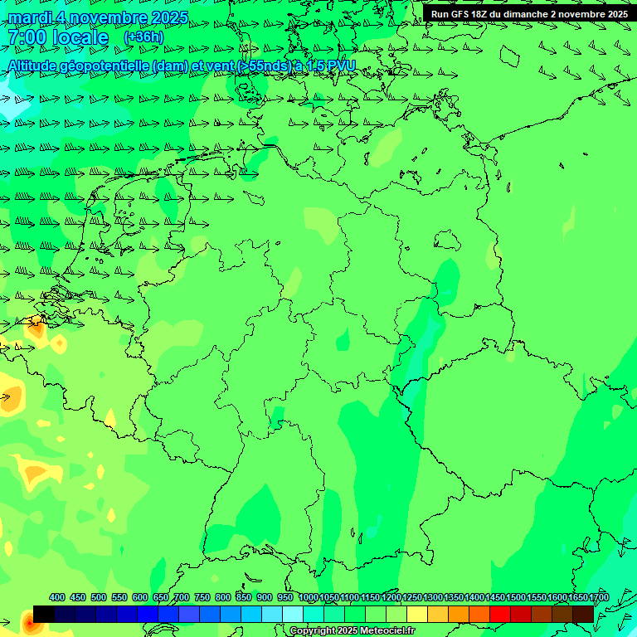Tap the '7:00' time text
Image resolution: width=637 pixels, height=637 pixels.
click(x=26, y=37)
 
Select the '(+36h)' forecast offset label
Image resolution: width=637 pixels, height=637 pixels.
click(x=143, y=37)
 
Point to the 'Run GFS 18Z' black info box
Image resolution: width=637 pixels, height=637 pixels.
click(x=528, y=13)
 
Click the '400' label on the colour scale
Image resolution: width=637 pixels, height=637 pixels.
click(x=57, y=597)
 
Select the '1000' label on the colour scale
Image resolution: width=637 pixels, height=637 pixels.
click(x=309, y=597)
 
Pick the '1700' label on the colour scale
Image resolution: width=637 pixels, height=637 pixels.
click(x=598, y=597)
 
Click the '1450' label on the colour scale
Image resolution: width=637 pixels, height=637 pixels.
click(x=495, y=597)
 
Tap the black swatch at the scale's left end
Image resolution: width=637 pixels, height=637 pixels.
click(x=44, y=614)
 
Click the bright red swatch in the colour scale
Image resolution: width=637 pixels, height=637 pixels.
click(x=500, y=614)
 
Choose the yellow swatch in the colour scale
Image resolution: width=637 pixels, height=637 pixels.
click(x=417, y=614)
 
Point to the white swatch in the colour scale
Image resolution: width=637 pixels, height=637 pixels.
click(x=293, y=614)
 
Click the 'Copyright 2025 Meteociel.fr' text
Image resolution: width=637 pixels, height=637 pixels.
click(x=353, y=631)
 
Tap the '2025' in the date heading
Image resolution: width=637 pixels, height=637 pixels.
click(x=164, y=17)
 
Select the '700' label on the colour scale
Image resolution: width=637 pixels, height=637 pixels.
click(x=182, y=597)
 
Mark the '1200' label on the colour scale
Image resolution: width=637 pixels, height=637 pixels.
click(x=391, y=597)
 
